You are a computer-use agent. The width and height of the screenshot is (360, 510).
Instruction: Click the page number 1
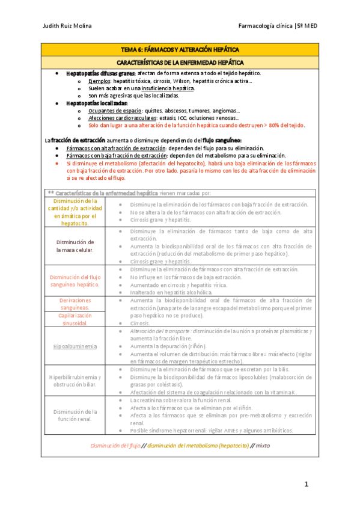305,484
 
